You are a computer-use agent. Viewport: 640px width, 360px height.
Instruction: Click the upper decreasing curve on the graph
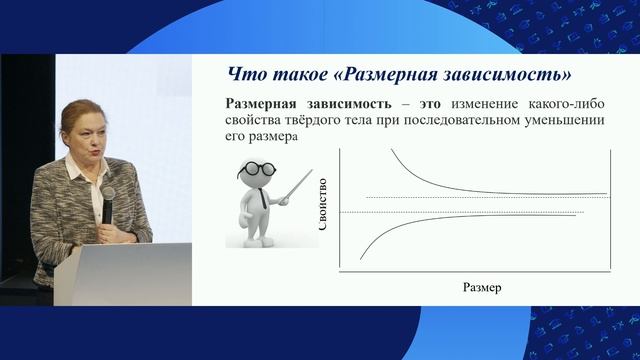(x=420, y=179)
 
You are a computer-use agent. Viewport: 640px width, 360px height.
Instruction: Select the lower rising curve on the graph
(x=420, y=221)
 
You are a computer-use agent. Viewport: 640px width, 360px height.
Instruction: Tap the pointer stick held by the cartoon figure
(x=295, y=186)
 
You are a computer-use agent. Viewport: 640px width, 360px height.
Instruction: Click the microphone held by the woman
(x=107, y=195)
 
